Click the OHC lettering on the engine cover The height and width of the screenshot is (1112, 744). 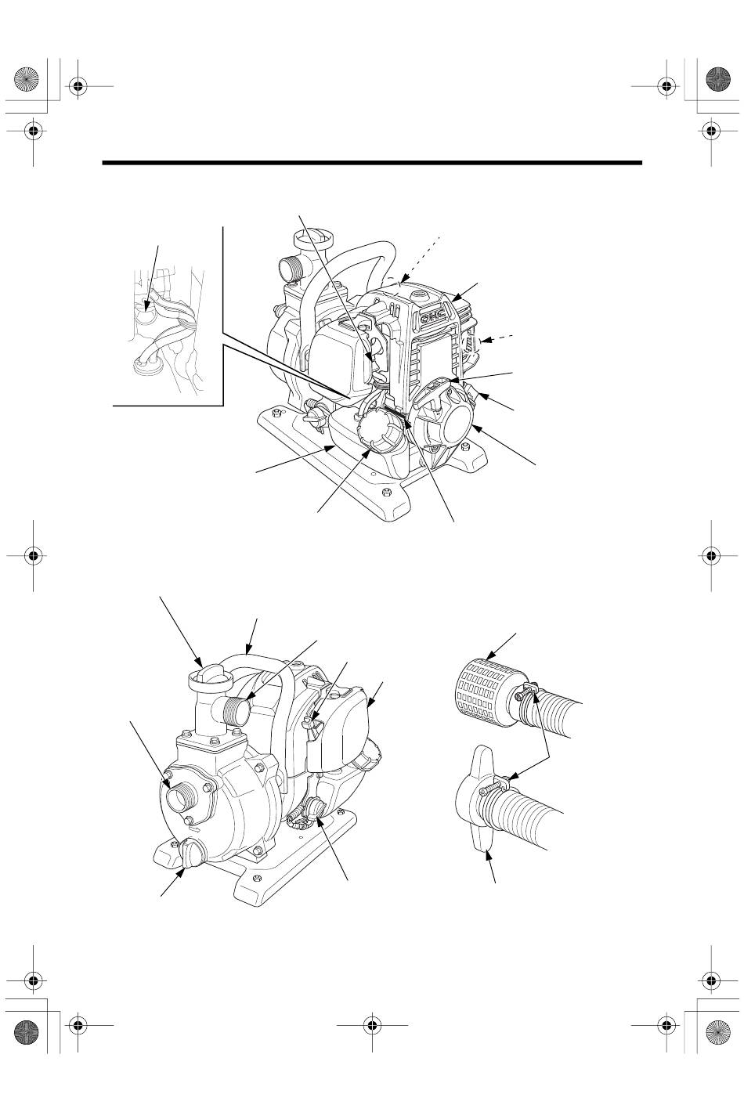pyautogui.click(x=433, y=317)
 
